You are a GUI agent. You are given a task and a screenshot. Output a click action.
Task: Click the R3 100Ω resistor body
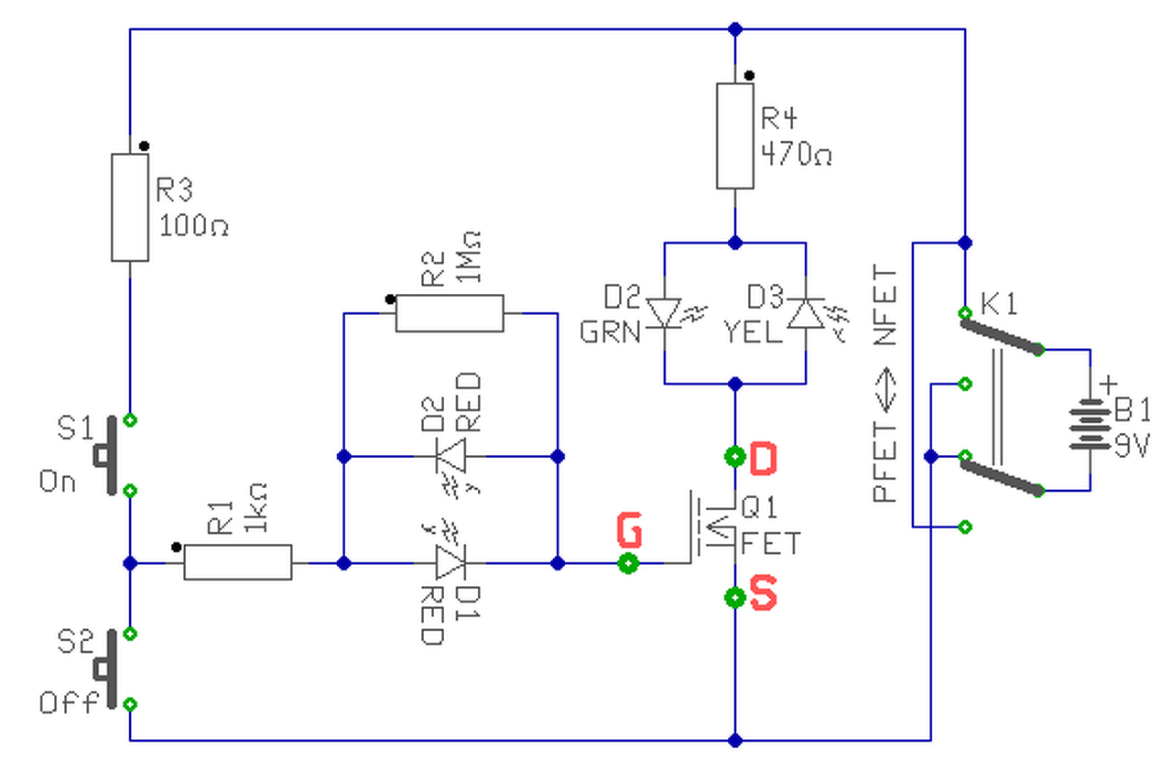(130, 208)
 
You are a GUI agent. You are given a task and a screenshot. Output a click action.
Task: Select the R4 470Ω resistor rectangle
(734, 136)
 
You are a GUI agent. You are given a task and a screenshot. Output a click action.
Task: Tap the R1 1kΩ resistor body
(238, 562)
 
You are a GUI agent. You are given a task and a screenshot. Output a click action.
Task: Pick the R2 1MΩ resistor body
(450, 313)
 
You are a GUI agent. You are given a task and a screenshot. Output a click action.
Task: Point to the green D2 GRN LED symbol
(663, 313)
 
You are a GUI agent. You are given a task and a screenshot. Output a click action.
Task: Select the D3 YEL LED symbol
(806, 313)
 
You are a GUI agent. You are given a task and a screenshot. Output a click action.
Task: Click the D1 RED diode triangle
(450, 562)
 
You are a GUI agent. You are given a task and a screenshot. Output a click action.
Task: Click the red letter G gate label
(628, 530)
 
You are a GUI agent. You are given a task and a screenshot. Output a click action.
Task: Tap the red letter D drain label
(763, 458)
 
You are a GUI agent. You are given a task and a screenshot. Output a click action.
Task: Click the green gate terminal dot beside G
(628, 563)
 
